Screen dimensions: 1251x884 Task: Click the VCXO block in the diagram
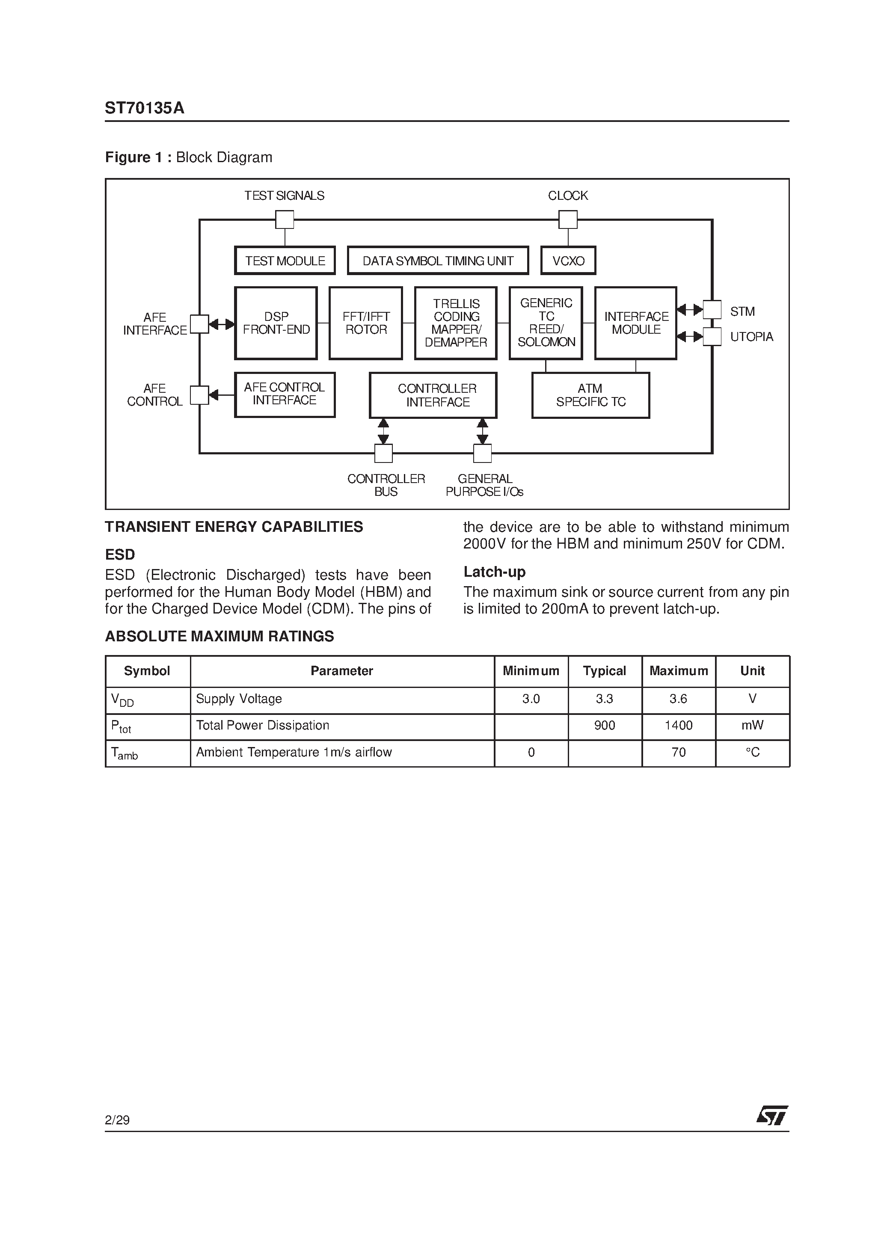point(568,261)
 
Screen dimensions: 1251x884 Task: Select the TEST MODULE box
point(285,261)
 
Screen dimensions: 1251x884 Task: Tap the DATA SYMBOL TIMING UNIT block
point(438,261)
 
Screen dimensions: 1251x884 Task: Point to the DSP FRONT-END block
point(276,323)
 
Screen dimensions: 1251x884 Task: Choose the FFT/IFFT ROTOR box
point(366,323)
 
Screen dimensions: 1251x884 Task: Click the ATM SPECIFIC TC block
point(590,395)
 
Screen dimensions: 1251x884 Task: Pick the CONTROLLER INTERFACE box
point(433,395)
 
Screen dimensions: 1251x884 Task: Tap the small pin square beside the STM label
point(712,309)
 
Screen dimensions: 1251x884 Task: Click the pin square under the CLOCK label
point(568,219)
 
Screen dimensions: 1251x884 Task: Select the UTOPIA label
point(751,337)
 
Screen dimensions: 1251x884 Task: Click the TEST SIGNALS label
point(284,196)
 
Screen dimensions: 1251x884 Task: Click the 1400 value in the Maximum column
point(679,725)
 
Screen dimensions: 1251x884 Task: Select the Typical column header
point(605,671)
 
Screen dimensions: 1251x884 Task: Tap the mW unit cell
point(752,725)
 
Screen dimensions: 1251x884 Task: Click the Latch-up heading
point(494,572)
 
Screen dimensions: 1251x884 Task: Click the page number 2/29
point(117,1120)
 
